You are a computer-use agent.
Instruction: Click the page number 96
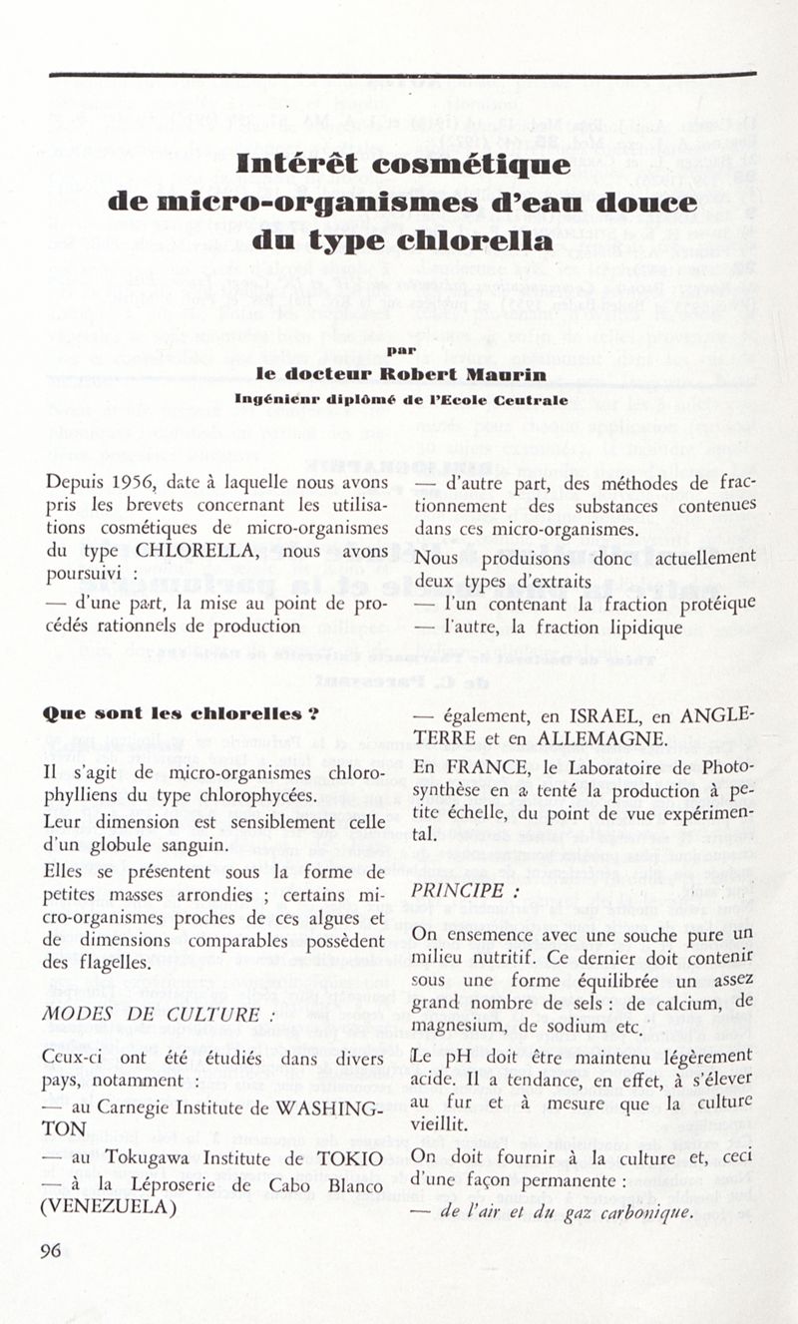point(51,1252)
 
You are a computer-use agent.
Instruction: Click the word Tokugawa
point(141,1158)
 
